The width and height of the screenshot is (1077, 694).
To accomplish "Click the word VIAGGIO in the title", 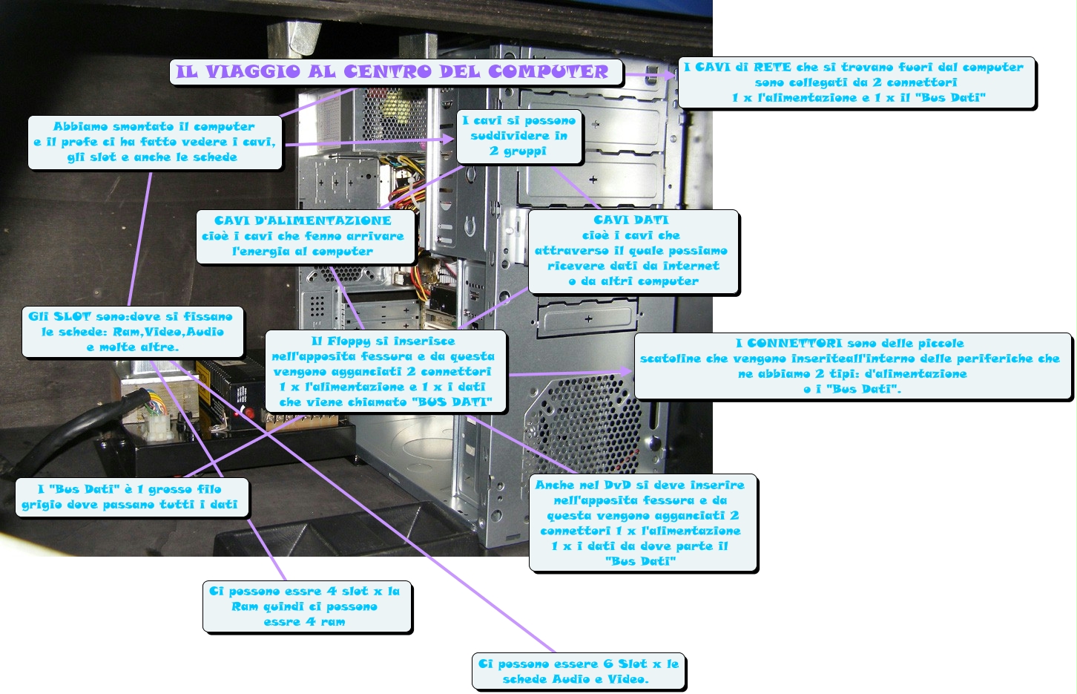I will click(x=252, y=72).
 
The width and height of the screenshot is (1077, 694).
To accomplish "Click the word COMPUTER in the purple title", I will click(x=548, y=72).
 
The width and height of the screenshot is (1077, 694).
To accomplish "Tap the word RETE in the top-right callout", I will click(x=772, y=68).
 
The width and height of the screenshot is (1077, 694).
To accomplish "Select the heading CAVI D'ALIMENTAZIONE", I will click(x=303, y=220).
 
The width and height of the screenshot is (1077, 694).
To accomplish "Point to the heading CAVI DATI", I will click(x=631, y=220).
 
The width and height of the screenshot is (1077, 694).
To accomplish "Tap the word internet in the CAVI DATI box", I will click(x=691, y=266).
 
